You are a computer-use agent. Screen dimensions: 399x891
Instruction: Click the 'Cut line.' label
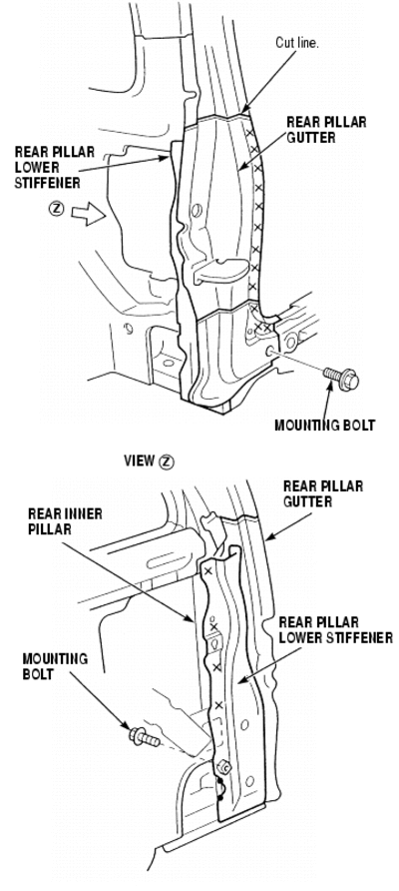[297, 43]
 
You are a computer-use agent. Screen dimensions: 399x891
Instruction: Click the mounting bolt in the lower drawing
[145, 737]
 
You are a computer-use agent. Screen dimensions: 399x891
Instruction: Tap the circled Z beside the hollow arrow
[56, 209]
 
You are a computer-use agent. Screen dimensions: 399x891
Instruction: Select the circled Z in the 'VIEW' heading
[167, 461]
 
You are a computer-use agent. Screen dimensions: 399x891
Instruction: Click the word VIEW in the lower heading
[140, 460]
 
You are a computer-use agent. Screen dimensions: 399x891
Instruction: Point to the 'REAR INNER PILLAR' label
[65, 521]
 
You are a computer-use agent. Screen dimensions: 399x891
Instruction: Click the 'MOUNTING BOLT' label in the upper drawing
[324, 426]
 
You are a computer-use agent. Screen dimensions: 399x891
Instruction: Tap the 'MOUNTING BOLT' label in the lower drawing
[55, 666]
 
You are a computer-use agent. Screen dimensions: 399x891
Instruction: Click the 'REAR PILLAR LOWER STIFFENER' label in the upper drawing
[55, 167]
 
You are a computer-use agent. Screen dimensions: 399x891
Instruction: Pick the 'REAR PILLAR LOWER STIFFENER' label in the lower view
[335, 630]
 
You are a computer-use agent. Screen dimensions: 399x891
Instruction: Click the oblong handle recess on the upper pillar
[220, 271]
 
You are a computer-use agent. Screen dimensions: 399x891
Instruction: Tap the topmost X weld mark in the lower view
[207, 571]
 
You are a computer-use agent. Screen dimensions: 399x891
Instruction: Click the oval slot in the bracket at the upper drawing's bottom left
[169, 363]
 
